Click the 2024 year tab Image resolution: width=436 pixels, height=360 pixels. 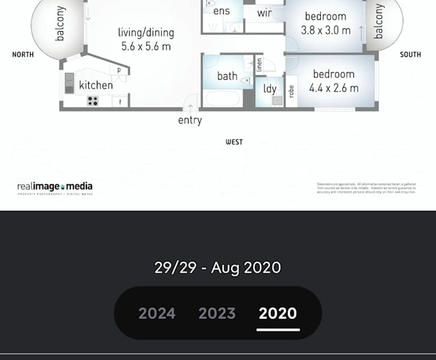point(157,313)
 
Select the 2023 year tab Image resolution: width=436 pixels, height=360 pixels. point(217,313)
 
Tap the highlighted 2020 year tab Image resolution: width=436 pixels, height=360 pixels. point(278,313)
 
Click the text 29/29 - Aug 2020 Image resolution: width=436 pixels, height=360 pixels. point(217,267)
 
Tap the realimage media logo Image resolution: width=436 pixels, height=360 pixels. point(55,187)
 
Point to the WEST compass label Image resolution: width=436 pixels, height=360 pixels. point(234,142)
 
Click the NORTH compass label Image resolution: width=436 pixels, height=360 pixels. point(23,54)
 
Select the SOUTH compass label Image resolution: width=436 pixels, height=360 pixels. point(410,54)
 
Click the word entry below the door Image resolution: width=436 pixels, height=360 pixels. point(190,121)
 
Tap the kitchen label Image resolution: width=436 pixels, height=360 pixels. point(96,85)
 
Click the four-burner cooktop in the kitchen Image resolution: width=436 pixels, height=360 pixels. point(93,101)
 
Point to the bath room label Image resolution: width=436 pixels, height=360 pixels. point(227,76)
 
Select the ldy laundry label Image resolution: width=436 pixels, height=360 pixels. point(270,88)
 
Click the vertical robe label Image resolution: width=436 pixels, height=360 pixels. point(291,91)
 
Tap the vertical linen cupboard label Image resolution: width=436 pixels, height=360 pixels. point(259,65)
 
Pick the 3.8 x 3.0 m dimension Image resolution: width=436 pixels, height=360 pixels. point(325,30)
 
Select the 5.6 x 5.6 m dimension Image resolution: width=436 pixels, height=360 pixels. point(146,46)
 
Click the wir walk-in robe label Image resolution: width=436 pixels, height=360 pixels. point(264,13)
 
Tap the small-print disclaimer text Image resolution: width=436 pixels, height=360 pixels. point(366,188)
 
